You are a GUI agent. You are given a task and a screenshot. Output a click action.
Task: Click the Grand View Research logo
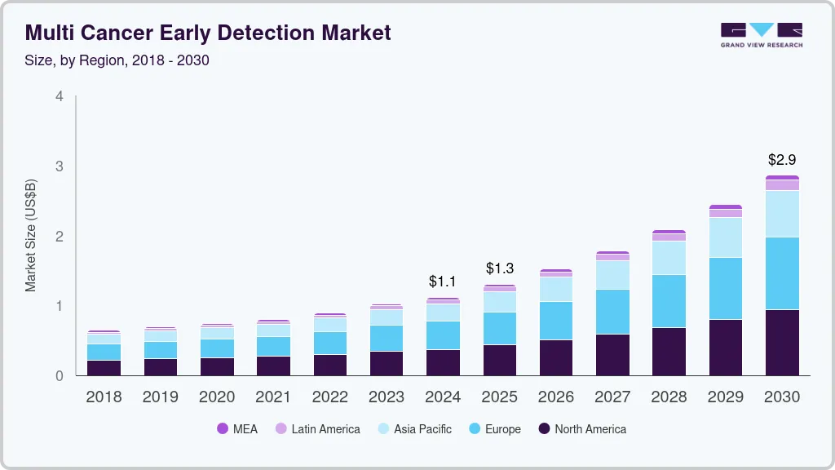pos(762,34)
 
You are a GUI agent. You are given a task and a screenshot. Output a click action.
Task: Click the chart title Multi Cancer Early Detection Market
pos(208,33)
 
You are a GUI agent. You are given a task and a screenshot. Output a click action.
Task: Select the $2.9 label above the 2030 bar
pos(782,160)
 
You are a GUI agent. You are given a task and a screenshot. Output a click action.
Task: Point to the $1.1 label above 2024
pos(443,282)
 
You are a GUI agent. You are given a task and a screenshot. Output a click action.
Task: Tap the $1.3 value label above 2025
pos(500,268)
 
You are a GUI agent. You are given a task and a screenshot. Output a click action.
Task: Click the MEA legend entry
pos(237,428)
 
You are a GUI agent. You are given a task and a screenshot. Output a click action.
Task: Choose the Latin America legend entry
pos(317,428)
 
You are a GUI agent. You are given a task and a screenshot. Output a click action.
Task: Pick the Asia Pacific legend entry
pos(414,428)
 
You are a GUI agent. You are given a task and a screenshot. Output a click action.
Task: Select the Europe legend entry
pos(494,428)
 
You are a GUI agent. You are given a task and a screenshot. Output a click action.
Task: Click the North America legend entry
pos(582,428)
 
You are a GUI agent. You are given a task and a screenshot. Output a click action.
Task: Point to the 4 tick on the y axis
pos(59,96)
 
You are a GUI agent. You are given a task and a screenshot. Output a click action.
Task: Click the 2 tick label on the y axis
pos(59,237)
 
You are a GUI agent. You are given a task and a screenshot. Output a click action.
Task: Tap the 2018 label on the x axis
pos(104,397)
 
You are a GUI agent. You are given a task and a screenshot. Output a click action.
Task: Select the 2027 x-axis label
pos(612,397)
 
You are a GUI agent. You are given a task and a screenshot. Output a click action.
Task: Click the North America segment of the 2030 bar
pos(782,343)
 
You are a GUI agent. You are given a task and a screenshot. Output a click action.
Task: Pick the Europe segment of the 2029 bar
pos(726,288)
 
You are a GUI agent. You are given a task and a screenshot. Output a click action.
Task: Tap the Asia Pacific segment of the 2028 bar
pos(669,258)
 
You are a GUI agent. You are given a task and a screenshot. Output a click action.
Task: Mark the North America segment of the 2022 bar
pos(329,365)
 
